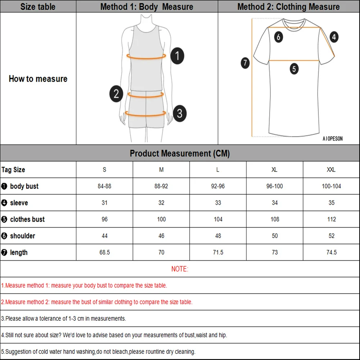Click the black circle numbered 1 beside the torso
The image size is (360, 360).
pos(177,56)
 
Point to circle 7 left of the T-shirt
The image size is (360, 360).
pos(245,63)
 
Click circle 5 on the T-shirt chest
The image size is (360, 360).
pos(294,68)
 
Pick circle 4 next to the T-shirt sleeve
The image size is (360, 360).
pos(334,37)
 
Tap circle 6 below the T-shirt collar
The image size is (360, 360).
pos(278,36)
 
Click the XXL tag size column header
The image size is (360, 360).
pos(331,170)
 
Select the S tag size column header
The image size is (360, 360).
pos(104,170)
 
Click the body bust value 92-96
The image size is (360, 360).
pos(218,186)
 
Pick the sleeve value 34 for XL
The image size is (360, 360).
pos(275,203)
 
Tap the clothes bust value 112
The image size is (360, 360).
pos(331,219)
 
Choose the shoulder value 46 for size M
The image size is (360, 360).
pos(161,236)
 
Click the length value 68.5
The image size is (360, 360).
pos(104,252)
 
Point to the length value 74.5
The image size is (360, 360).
pos(331,252)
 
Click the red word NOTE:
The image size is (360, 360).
pos(180,269)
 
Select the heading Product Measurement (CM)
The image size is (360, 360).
pos(180,153)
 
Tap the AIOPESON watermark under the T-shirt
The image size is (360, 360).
pos(333,139)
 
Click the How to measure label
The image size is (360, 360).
pos(38,79)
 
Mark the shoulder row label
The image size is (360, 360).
pos(22,236)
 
